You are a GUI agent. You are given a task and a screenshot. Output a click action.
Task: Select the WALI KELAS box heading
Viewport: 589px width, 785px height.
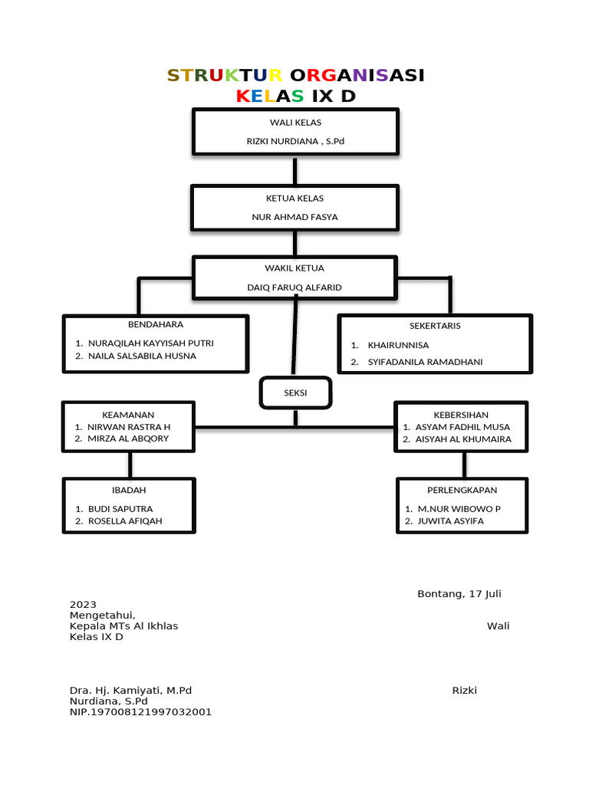(295, 123)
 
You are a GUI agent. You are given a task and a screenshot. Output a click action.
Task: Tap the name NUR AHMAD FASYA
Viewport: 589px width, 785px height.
(295, 217)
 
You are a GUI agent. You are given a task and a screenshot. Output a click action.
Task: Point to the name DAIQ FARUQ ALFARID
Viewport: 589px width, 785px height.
(295, 287)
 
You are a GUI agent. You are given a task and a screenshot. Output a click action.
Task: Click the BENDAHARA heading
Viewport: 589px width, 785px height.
(156, 324)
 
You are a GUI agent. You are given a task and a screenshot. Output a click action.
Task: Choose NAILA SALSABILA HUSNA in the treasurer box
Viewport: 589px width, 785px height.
(142, 356)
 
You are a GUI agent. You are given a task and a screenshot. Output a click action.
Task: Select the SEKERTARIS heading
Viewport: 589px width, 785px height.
(435, 326)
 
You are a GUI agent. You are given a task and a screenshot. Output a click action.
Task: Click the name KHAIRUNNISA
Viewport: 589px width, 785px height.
(398, 345)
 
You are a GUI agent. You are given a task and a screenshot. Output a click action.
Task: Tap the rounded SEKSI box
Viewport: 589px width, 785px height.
(295, 392)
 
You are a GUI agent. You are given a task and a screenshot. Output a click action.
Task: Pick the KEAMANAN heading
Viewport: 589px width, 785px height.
(129, 414)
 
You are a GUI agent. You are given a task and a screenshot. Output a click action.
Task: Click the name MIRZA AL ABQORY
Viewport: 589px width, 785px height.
(128, 438)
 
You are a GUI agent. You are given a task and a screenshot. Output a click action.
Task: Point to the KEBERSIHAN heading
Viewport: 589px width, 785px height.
(461, 414)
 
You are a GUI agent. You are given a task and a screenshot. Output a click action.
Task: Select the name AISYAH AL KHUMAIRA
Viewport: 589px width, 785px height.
(462, 439)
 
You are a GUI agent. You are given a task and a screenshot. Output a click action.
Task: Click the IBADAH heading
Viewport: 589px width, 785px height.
(129, 490)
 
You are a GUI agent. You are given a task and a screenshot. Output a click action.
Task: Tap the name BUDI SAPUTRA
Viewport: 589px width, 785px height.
(120, 508)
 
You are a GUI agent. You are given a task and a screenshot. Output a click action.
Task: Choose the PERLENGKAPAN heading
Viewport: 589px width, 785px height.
(462, 490)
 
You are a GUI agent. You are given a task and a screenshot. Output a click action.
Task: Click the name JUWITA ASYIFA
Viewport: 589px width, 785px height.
(450, 521)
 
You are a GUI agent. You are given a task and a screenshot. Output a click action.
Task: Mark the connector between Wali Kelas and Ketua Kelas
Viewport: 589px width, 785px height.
(295, 169)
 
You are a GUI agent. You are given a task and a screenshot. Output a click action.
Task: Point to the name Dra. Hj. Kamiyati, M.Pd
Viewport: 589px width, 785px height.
(130, 690)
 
